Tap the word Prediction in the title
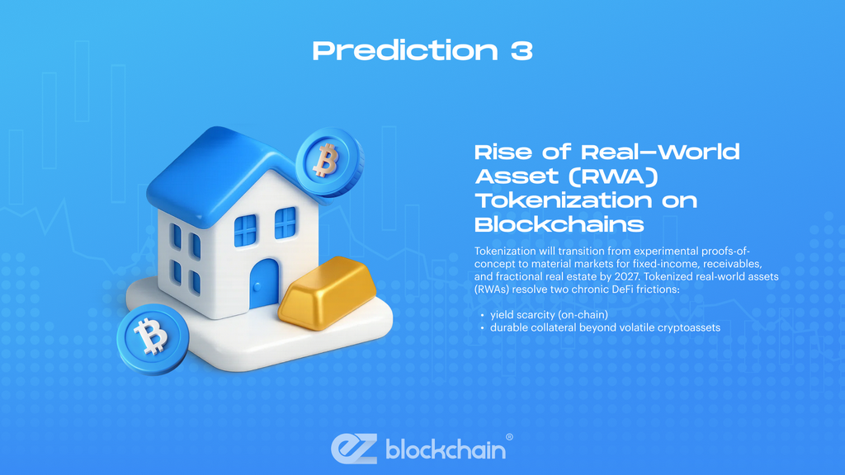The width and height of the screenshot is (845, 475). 404,50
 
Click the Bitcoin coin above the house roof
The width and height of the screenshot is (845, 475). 328,161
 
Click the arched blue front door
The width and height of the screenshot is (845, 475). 265,284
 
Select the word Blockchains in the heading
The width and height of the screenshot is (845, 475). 559,224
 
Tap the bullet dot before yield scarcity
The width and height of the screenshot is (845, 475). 481,315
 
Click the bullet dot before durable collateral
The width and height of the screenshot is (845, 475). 481,327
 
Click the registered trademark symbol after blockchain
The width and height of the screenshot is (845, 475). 509,437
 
